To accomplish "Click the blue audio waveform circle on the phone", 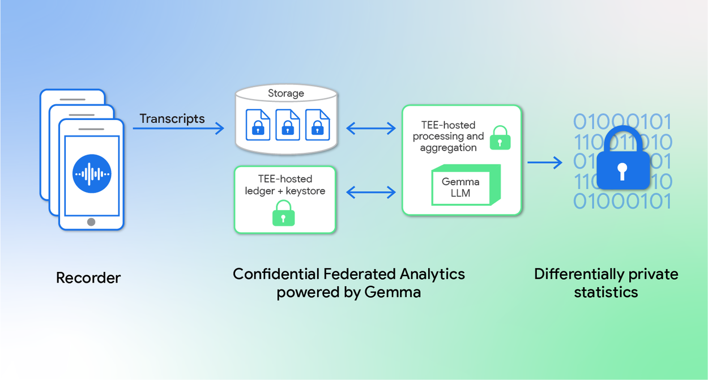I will click(92, 174).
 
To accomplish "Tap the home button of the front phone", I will click(91, 222).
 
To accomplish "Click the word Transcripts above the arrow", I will click(172, 119).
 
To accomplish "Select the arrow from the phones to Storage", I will click(178, 129).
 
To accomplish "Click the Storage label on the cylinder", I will click(285, 93).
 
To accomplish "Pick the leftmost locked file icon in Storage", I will click(258, 125).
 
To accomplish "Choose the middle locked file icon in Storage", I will click(287, 125).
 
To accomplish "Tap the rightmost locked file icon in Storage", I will click(317, 125).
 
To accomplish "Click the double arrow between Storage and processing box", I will click(371, 129).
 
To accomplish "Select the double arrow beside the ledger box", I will click(371, 193).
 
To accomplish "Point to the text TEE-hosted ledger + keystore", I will click(285, 185).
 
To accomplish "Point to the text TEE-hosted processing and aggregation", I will click(448, 136).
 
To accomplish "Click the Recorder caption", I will click(88, 278).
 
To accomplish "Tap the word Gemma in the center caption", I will click(393, 293).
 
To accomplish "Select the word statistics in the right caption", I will click(605, 292).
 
